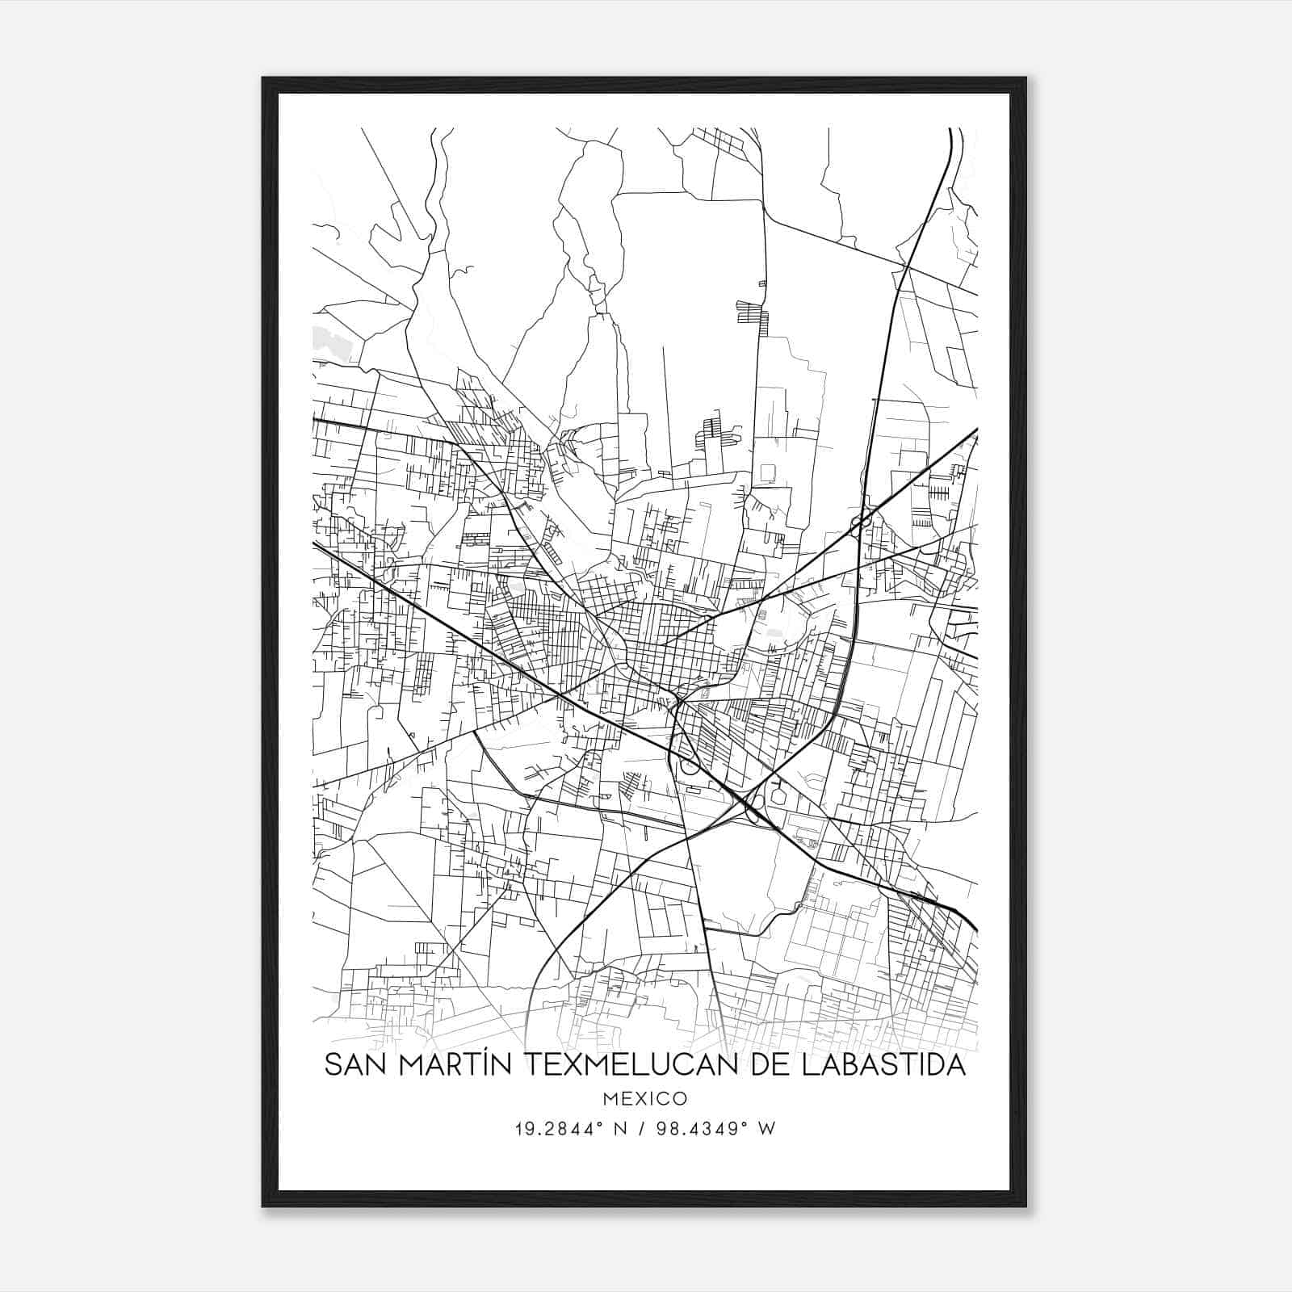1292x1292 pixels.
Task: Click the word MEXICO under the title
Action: point(644,1098)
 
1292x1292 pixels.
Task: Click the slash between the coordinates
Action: point(642,1128)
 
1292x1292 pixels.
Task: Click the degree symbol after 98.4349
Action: point(747,1123)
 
